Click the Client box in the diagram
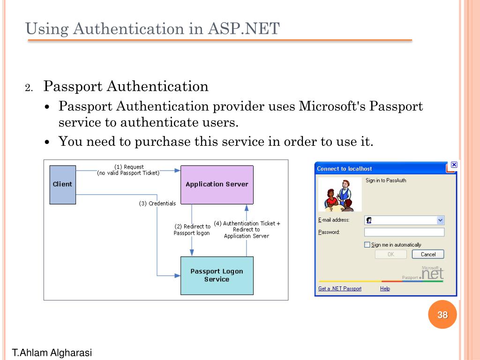tap(62, 184)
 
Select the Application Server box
tap(217, 184)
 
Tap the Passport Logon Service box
tap(217, 275)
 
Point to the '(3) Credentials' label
tap(157, 203)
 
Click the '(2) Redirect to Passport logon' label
tap(192, 230)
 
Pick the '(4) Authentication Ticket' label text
tap(247, 224)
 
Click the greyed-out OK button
tap(391, 255)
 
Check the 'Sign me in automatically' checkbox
tap(367, 245)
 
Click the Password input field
tap(404, 232)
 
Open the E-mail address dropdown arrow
tap(440, 220)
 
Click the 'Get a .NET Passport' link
tap(340, 289)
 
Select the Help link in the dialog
tap(385, 289)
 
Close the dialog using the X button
tap(453, 165)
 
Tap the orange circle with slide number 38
tap(442, 315)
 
